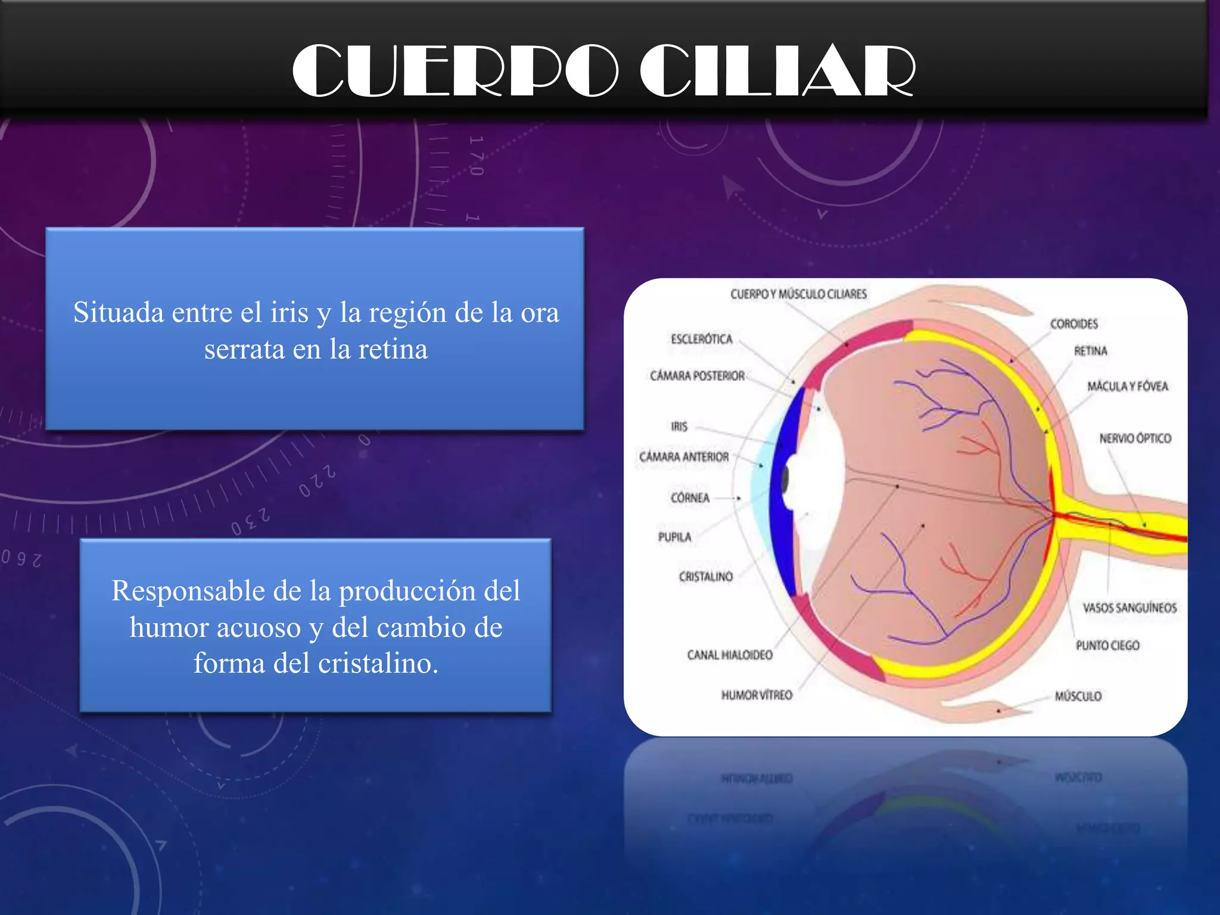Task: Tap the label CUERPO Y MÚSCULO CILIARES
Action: [x=798, y=294]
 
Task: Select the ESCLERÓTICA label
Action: [x=701, y=339]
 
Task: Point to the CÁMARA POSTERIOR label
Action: [x=697, y=376]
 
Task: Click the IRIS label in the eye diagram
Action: [x=679, y=427]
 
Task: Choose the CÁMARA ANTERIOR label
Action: [x=684, y=457]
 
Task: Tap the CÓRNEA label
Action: [x=690, y=498]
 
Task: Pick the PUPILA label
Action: [x=674, y=537]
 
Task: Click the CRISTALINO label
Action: [x=705, y=577]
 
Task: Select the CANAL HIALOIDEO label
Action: [x=730, y=655]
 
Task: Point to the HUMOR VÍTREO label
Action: [x=757, y=695]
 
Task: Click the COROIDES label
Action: [x=1073, y=324]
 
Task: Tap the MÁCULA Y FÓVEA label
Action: [x=1127, y=387]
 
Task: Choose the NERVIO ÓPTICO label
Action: [x=1135, y=438]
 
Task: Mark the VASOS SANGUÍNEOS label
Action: [x=1129, y=608]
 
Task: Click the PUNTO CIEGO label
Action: [x=1107, y=646]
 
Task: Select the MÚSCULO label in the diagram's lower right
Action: [x=1078, y=696]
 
